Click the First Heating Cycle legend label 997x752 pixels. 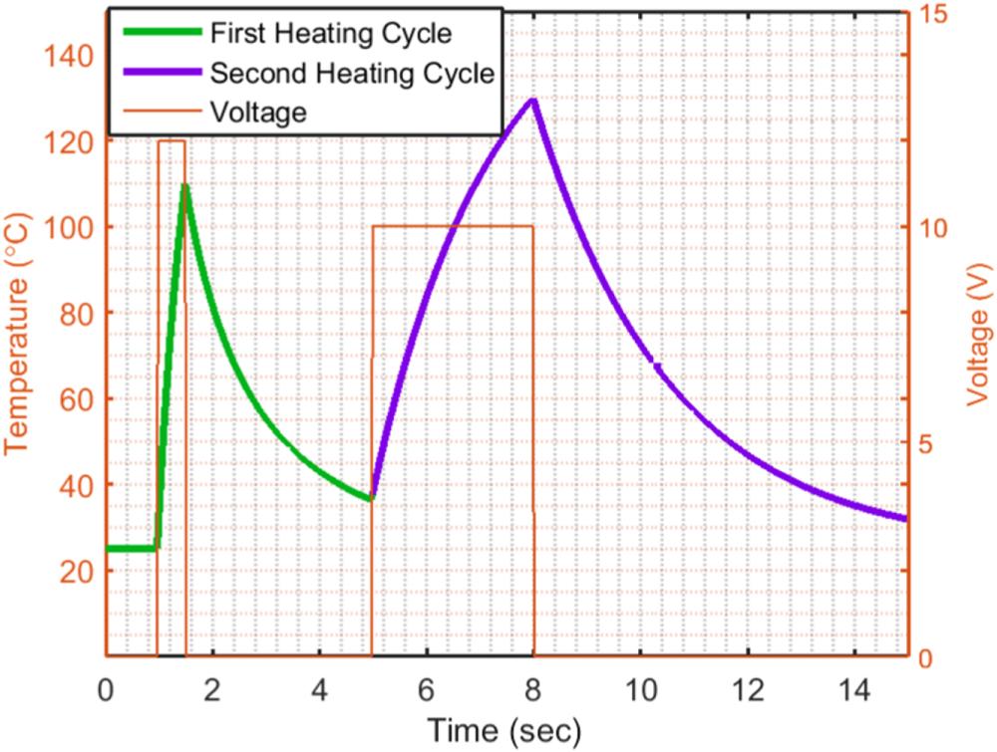331,33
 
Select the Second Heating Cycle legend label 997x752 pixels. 352,73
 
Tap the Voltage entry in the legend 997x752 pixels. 258,113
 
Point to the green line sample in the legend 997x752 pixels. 163,33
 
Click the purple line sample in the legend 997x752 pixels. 163,72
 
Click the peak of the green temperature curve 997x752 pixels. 184,185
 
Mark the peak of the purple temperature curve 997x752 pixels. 533,101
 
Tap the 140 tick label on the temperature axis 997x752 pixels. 68,56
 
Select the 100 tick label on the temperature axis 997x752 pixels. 68,227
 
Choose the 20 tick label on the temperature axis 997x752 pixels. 77,572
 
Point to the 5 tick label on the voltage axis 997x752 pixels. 926,444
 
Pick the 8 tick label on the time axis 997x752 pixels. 532,690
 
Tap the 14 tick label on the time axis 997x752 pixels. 854,690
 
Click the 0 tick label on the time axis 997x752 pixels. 106,690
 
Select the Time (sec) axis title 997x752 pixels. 504,731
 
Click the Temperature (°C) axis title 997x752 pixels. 17,334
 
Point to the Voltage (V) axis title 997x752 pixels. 979,335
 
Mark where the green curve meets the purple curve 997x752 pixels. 371,499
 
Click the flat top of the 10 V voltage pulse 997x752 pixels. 453,226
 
